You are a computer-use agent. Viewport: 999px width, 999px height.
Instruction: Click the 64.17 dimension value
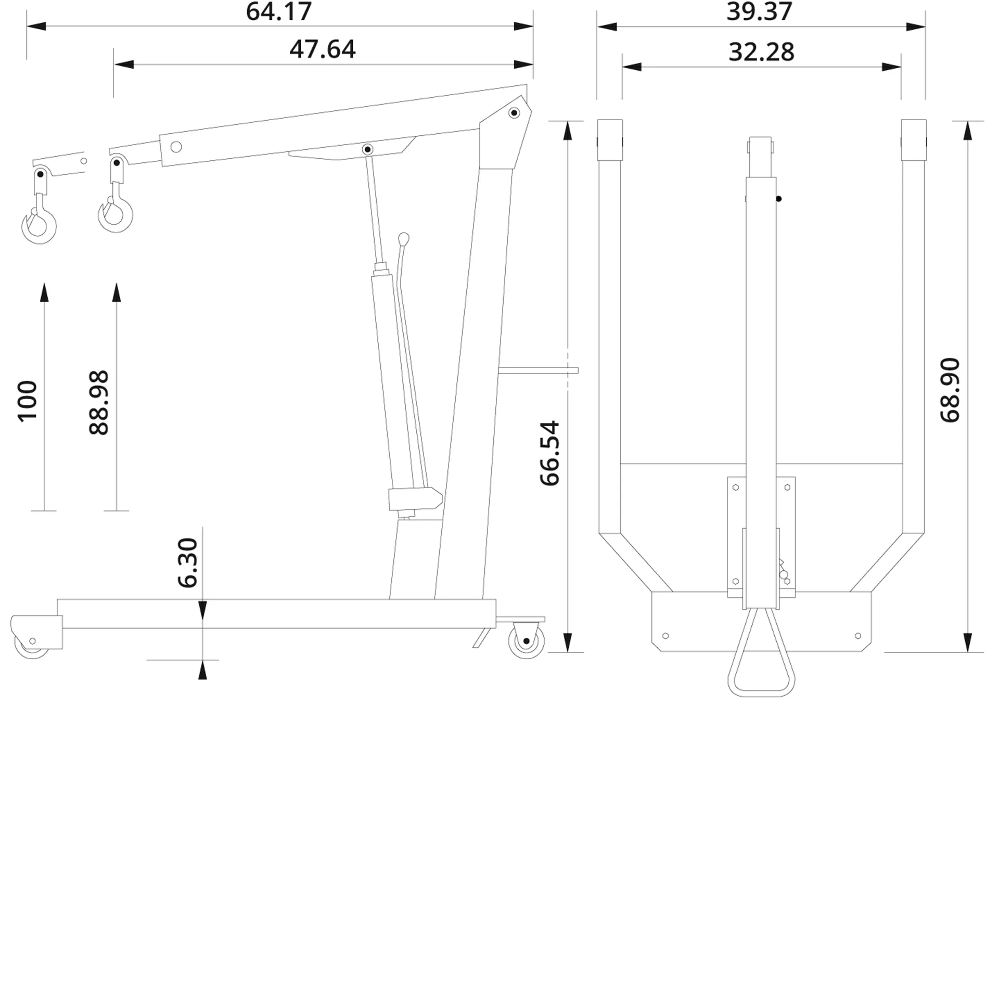coord(279,11)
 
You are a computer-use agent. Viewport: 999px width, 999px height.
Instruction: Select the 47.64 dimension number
coord(323,49)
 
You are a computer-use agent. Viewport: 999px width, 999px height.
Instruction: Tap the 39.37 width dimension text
coord(760,11)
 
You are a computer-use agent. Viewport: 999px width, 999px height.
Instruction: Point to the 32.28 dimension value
coord(761,52)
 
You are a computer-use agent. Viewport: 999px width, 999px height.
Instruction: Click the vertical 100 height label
coord(28,401)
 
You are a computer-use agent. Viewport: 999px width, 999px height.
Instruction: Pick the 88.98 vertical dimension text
coord(99,403)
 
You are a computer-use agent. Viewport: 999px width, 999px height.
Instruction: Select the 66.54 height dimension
coord(549,453)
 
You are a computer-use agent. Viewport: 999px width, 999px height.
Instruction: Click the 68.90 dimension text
coord(950,390)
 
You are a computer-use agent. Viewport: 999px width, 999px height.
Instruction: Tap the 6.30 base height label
coord(188,563)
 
